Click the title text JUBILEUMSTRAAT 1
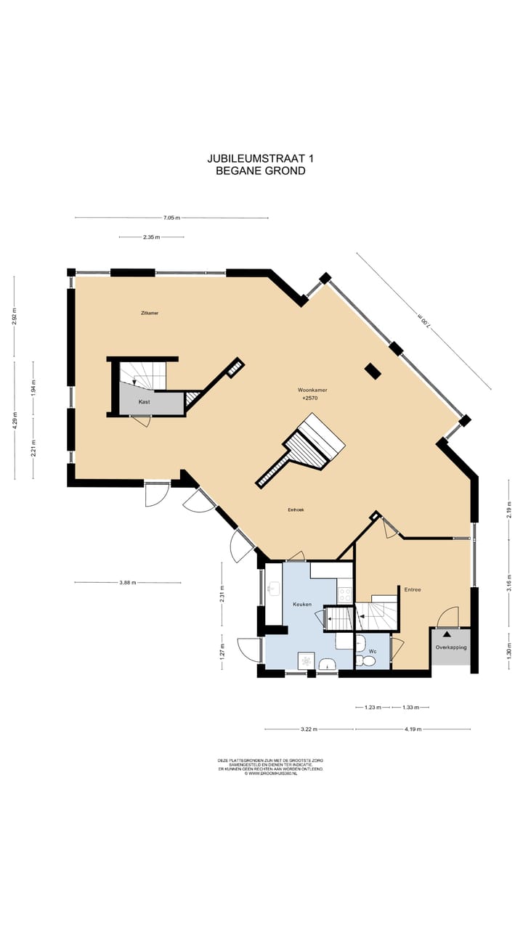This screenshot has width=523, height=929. (x=261, y=158)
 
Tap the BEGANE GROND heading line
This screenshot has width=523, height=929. (x=261, y=171)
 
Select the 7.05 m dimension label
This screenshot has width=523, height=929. (x=171, y=218)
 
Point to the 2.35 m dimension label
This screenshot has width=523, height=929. (x=151, y=237)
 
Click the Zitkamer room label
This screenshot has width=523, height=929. (x=150, y=313)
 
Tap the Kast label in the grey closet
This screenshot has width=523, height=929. (x=145, y=401)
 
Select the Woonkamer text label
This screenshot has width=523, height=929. (x=312, y=390)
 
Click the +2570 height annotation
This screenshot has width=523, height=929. (x=309, y=398)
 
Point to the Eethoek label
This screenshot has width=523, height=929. (x=296, y=510)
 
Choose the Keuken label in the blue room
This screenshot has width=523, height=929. (x=302, y=604)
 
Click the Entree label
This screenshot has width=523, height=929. (x=413, y=590)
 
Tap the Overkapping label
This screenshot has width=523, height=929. (x=450, y=647)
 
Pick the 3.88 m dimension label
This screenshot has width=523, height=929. (x=128, y=582)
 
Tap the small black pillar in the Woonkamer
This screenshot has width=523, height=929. (x=373, y=371)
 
